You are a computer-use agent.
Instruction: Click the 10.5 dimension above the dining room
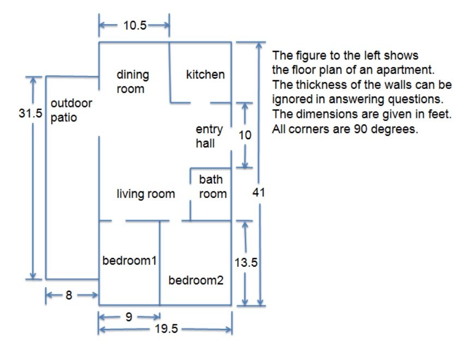pyautogui.click(x=135, y=25)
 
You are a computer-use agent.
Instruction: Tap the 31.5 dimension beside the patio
pyautogui.click(x=31, y=113)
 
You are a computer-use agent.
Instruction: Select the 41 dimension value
pyautogui.click(x=258, y=192)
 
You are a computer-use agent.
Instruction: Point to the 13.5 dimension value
pyautogui.click(x=246, y=263)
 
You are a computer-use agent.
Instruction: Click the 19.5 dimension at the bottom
pyautogui.click(x=166, y=329)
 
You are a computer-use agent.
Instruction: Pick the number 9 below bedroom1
pyautogui.click(x=129, y=317)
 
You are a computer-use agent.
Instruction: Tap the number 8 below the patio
pyautogui.click(x=69, y=295)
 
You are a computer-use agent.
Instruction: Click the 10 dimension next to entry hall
pyautogui.click(x=245, y=135)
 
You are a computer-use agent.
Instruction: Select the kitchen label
pyautogui.click(x=206, y=75)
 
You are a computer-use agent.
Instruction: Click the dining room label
pyautogui.click(x=133, y=82)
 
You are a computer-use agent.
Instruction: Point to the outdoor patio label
pyautogui.click(x=71, y=110)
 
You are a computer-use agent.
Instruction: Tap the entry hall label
pyautogui.click(x=209, y=136)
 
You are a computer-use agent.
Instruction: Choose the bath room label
pyautogui.click(x=213, y=187)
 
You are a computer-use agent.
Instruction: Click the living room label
pyautogui.click(x=146, y=194)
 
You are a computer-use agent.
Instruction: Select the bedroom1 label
pyautogui.click(x=129, y=261)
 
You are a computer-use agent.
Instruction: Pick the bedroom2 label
pyautogui.click(x=196, y=280)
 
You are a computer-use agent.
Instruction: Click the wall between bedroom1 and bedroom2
pyautogui.click(x=160, y=263)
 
